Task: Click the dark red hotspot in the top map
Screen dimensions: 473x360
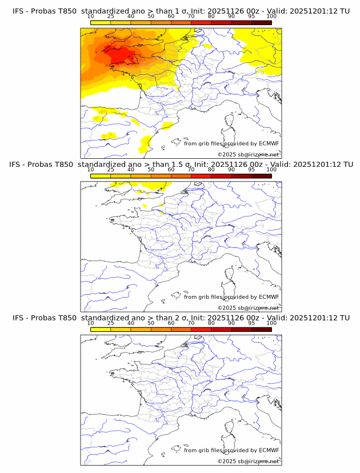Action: point(120,55)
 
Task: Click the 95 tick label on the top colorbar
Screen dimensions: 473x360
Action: point(251,17)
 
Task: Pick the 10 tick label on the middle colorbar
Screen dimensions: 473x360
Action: point(91,170)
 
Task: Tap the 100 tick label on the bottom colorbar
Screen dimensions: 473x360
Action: point(271,323)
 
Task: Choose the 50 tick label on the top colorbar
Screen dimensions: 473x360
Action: point(151,17)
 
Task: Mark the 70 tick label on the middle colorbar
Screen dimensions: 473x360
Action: point(191,170)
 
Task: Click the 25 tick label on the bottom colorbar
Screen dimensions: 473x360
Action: point(111,323)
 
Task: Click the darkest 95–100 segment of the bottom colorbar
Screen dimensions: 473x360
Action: point(261,329)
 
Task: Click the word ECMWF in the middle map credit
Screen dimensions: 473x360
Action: point(269,297)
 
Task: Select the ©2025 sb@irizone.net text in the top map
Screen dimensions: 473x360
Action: point(248,155)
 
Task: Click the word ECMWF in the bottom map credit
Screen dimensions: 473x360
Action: point(269,450)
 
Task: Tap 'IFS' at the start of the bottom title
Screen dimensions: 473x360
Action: point(18,318)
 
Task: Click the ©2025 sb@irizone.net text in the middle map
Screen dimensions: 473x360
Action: point(248,308)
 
